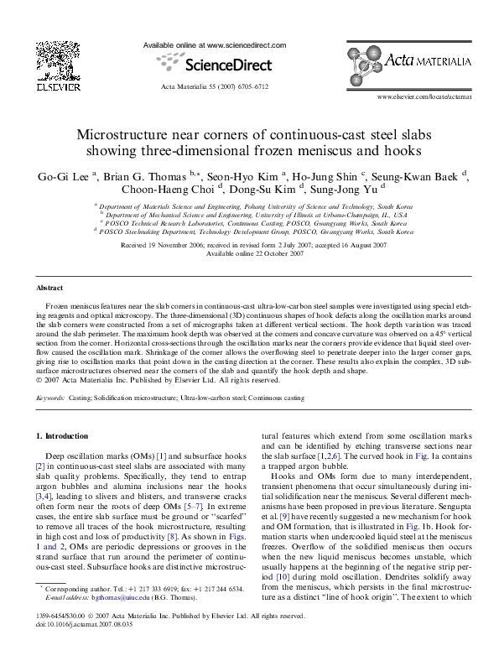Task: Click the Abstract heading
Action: coord(50,287)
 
